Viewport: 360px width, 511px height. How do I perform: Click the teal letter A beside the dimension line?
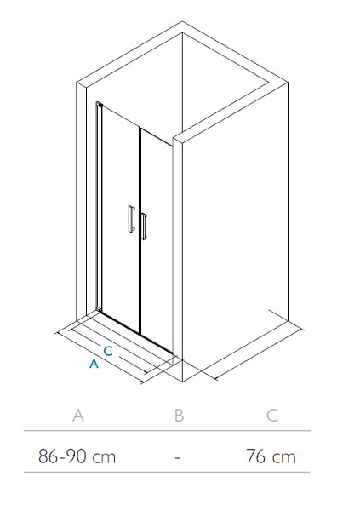tap(94, 363)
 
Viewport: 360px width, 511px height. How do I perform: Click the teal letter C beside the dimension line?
tap(108, 351)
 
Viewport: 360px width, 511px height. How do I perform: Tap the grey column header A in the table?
tap(78, 416)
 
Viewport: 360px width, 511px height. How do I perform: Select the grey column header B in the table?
tap(180, 416)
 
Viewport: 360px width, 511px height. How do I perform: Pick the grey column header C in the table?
tap(272, 416)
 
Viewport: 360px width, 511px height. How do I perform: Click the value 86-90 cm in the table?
tap(77, 456)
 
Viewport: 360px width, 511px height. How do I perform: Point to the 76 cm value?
tap(271, 456)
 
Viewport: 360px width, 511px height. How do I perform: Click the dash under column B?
tap(177, 457)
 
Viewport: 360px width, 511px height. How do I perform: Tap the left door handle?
tap(131, 219)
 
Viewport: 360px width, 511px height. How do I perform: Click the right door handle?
tap(144, 227)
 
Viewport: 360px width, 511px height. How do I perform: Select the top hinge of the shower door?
tap(100, 104)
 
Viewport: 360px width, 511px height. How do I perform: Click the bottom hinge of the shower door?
tap(99, 308)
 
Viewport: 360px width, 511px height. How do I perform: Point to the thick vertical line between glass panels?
tap(140, 231)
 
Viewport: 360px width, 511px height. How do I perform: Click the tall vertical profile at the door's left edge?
tap(99, 207)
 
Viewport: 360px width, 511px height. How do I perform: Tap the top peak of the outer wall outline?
tap(182, 22)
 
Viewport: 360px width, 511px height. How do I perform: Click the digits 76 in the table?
tap(256, 456)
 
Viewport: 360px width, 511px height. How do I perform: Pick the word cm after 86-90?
tap(104, 458)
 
